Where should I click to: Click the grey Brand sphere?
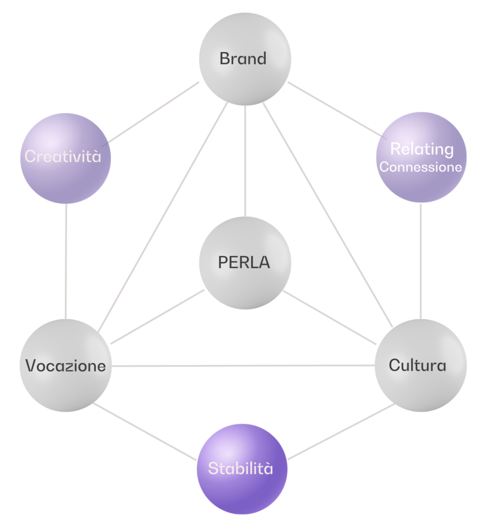click(245, 58)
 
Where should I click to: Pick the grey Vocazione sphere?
click(65, 365)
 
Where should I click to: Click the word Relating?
click(422, 149)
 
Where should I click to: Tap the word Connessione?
click(421, 167)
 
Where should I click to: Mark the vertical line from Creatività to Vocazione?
click(66, 261)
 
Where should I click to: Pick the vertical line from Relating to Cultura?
click(421, 261)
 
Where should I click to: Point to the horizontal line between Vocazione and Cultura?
click(242, 366)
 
